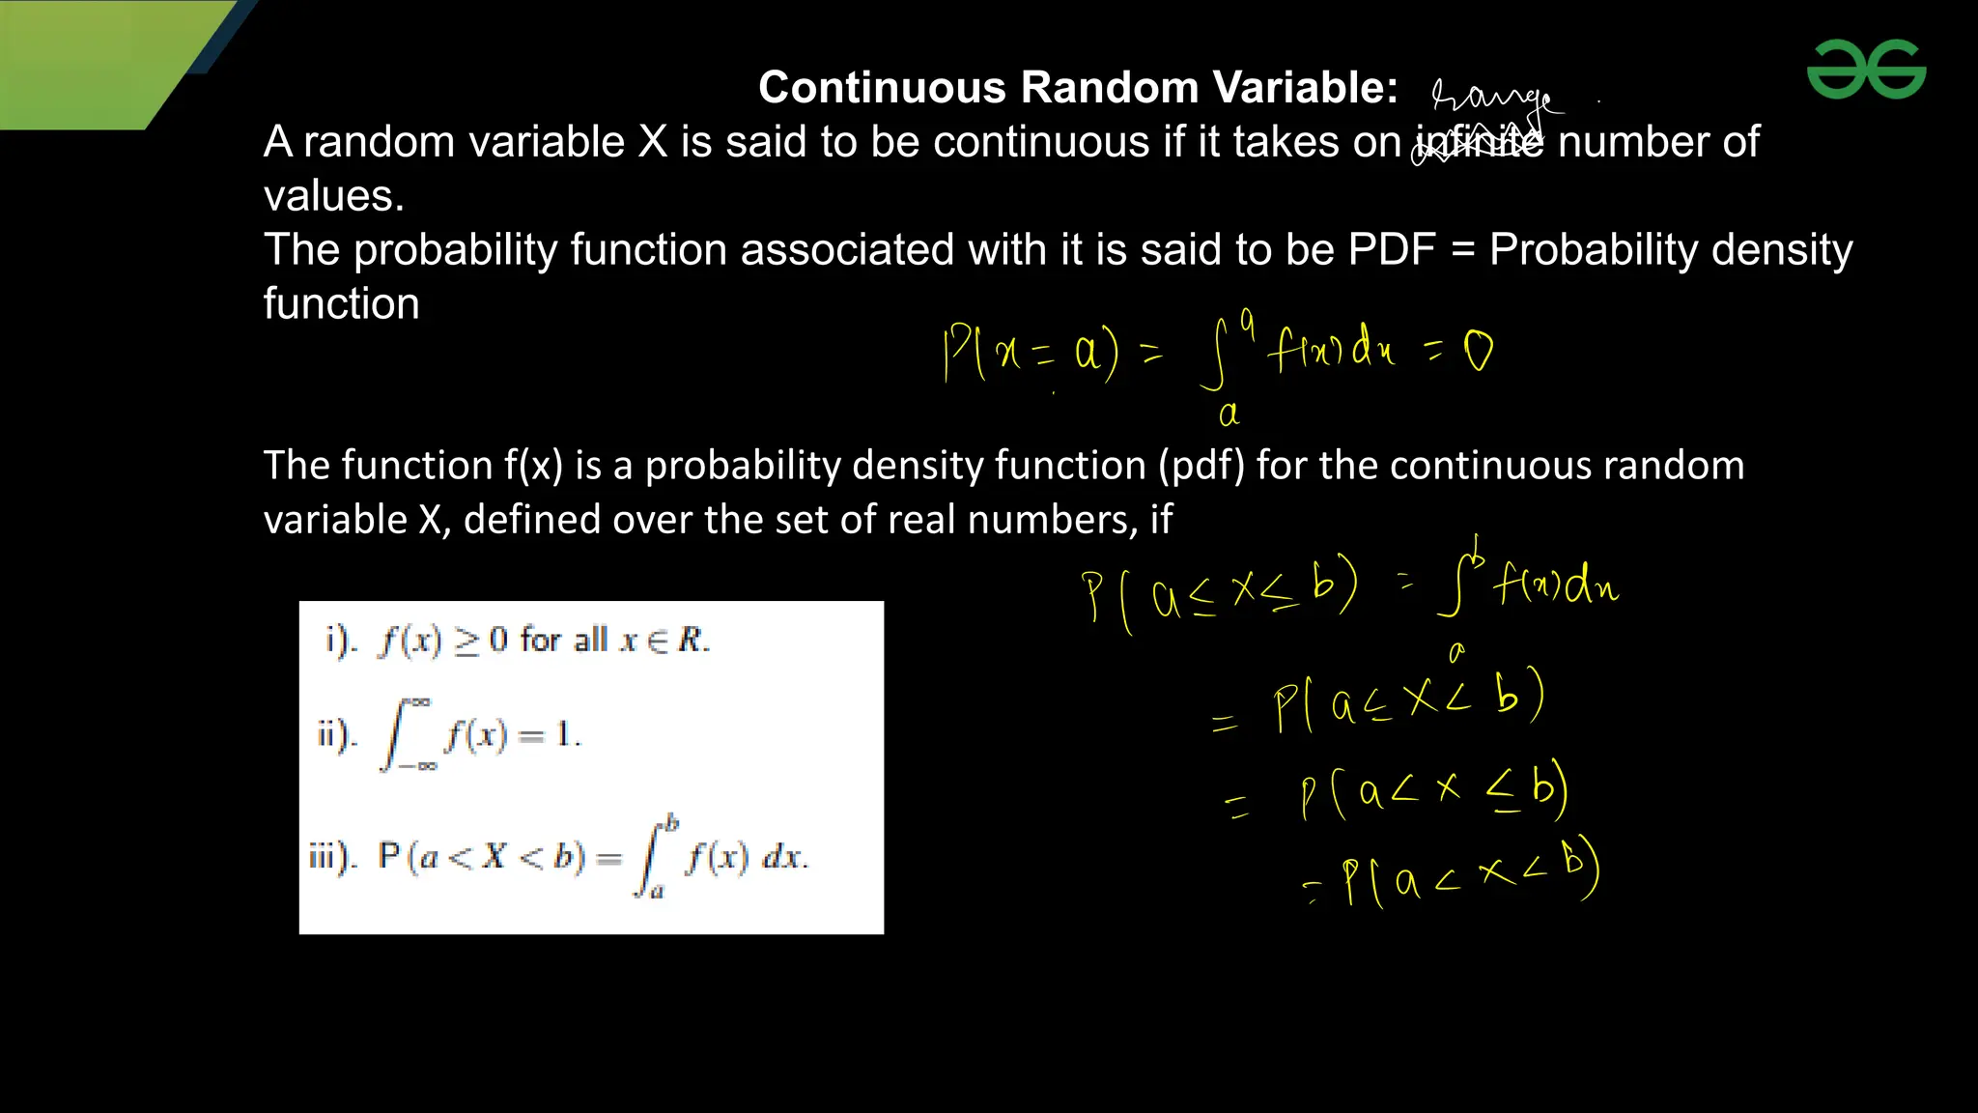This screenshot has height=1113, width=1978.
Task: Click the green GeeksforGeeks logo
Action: click(1866, 69)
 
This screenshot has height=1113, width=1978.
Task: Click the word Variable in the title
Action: click(1305, 88)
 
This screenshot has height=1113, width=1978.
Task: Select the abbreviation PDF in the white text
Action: click(1392, 249)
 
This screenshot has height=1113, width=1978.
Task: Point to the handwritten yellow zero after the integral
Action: click(1478, 351)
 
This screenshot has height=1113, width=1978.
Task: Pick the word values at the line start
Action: click(333, 196)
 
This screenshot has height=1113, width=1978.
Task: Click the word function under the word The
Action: click(341, 304)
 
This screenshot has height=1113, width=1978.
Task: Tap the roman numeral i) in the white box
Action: click(340, 640)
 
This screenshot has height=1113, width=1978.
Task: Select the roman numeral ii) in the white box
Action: click(337, 735)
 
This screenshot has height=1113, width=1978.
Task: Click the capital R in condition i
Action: click(691, 640)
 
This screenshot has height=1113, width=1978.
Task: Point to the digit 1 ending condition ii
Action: click(564, 735)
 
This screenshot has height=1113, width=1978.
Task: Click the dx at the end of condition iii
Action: click(783, 856)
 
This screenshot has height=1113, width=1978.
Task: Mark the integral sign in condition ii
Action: click(396, 735)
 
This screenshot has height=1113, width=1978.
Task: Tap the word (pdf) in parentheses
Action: click(1201, 466)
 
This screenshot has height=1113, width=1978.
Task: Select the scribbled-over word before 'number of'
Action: click(1478, 143)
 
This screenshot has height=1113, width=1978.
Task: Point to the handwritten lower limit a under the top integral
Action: click(1229, 414)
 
